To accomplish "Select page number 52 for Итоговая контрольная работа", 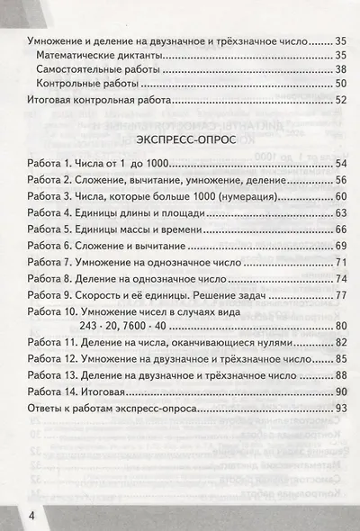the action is [338, 100].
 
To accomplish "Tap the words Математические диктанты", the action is [98, 58].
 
